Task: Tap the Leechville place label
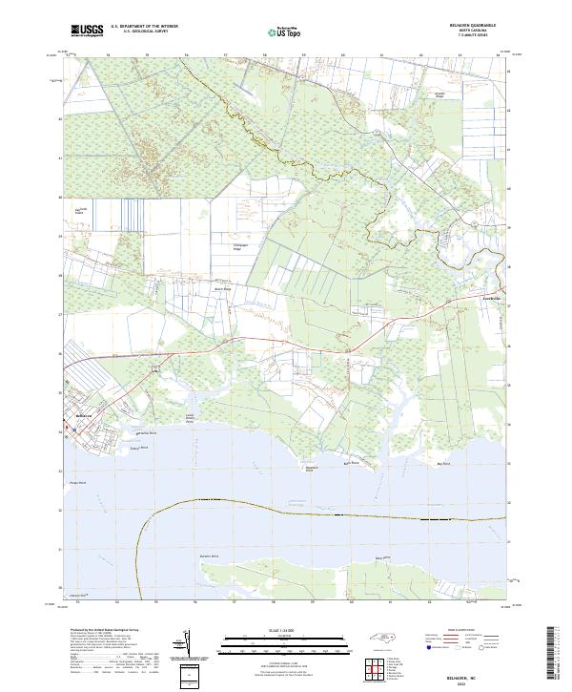click(488, 299)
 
